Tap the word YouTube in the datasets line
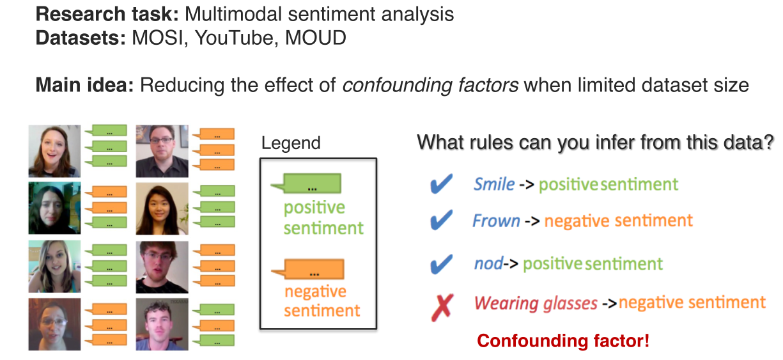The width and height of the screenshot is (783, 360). click(240, 38)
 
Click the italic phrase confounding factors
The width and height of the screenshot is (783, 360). click(430, 85)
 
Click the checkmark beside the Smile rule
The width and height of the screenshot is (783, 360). click(441, 185)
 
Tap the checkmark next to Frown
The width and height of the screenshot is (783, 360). click(441, 221)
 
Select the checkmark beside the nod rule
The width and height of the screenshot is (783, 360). click(441, 263)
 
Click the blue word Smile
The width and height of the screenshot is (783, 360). click(494, 185)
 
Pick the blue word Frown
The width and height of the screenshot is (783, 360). click(496, 221)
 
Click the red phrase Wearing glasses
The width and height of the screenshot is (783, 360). click(536, 302)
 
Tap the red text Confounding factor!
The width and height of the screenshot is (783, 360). click(563, 341)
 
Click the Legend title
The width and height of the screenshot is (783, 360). click(291, 143)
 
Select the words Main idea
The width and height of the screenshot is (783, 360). click(84, 85)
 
